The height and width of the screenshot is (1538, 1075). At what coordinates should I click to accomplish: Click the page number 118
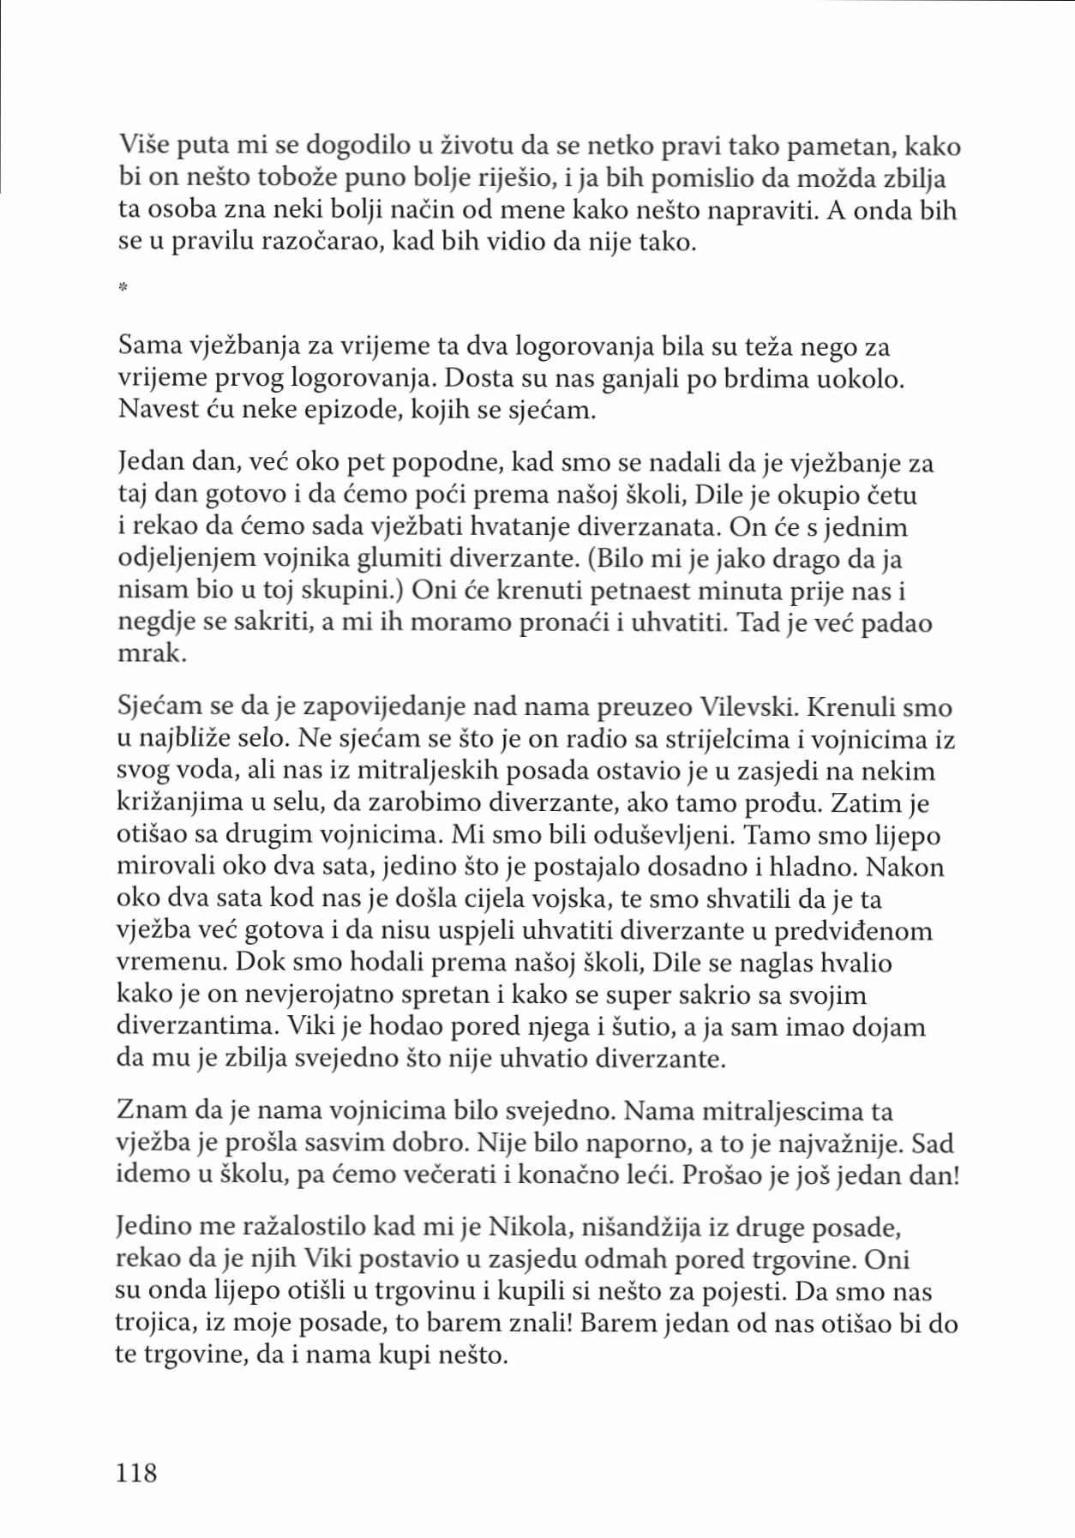coord(136,1472)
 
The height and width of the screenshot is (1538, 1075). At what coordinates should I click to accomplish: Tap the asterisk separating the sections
coord(123,288)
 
